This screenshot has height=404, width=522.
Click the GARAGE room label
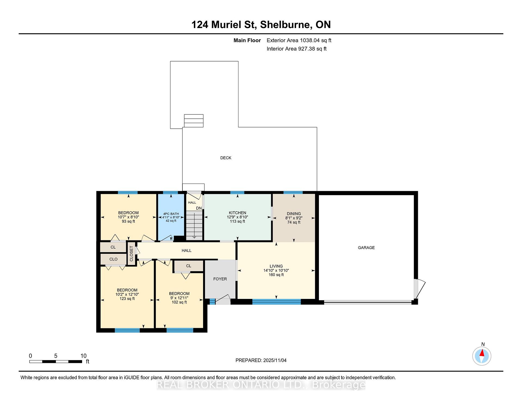coord(366,247)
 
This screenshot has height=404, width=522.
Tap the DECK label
coord(226,158)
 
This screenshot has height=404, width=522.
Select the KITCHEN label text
coord(237,213)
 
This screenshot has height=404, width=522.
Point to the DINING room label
coord(294,214)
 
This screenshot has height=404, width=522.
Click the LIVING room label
coord(276,266)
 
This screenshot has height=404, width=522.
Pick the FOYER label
coord(220,279)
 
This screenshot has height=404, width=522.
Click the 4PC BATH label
coord(171,214)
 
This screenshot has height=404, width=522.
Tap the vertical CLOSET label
coord(131,254)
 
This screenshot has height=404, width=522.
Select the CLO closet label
coord(113,259)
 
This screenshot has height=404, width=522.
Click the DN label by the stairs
coord(199,208)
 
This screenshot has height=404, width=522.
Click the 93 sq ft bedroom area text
coord(128,221)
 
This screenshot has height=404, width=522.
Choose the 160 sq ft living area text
coord(276,275)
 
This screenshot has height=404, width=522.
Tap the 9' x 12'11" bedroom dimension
coord(179,298)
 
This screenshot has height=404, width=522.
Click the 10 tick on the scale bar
coord(83,356)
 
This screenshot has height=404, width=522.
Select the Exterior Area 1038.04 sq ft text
coord(299,41)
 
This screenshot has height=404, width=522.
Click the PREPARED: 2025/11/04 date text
coord(261,360)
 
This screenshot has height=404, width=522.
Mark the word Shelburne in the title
coord(286,25)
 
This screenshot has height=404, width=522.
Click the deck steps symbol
coord(194,121)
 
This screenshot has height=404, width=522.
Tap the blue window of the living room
coord(276,302)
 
